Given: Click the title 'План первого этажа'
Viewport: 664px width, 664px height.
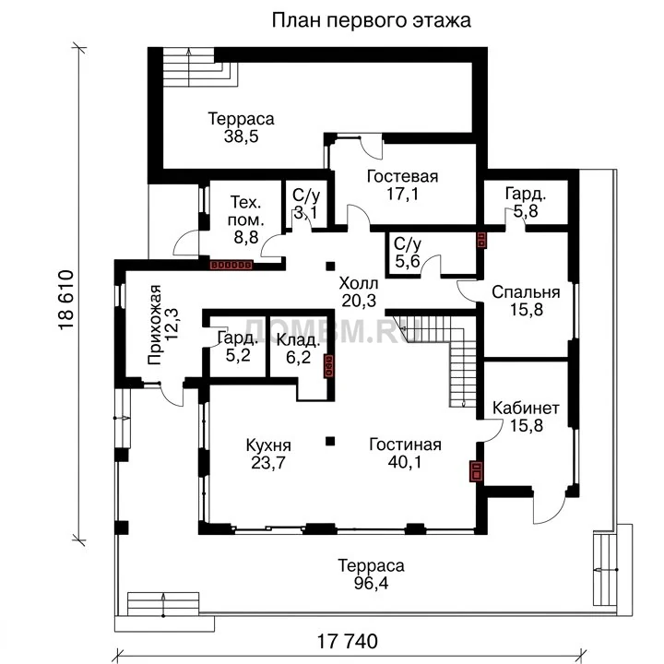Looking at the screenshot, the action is [x=371, y=20].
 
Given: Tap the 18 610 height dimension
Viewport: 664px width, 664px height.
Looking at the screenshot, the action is [x=65, y=300].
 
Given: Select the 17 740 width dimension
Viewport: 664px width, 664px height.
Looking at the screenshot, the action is [x=348, y=641].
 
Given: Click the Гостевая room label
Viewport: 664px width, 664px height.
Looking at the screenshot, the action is [x=402, y=176].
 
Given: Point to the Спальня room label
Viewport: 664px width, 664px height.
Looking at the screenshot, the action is [x=526, y=292].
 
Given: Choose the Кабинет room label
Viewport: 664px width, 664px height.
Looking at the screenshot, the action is [x=526, y=408].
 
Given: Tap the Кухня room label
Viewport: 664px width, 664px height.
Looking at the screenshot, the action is [x=268, y=445].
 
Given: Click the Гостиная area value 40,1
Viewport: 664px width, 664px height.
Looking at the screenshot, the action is [x=405, y=462].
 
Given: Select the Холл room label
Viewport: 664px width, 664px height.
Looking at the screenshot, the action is [x=358, y=282].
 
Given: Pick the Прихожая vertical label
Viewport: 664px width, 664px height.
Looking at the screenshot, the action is [x=155, y=325].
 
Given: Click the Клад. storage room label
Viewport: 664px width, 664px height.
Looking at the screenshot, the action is [x=298, y=340].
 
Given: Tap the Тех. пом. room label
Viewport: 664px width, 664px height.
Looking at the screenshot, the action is [x=245, y=211].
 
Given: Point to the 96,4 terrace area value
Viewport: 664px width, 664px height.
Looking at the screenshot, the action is [x=371, y=584].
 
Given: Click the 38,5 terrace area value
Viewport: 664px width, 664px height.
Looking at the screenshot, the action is [x=241, y=136].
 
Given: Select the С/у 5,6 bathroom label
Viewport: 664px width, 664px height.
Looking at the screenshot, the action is [x=408, y=253].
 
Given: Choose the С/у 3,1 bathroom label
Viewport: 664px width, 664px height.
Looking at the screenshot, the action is [x=306, y=204].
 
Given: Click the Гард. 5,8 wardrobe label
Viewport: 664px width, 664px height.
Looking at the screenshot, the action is [x=526, y=202].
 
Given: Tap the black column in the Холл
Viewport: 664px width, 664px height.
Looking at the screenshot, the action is [x=330, y=266].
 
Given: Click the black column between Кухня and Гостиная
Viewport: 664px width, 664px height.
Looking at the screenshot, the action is [x=330, y=441].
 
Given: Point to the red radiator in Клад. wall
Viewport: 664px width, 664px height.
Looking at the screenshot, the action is [x=329, y=366].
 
